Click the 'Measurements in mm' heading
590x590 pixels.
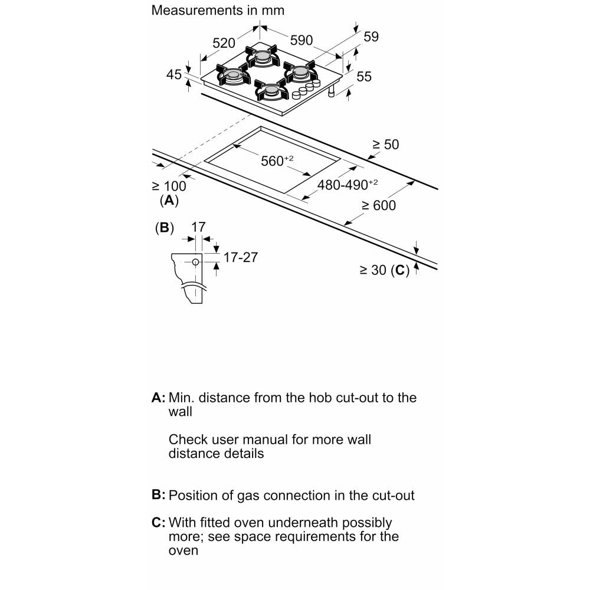pyautogui.click(x=218, y=11)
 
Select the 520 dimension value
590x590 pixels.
pyautogui.click(x=224, y=43)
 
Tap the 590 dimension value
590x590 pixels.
pyautogui.click(x=301, y=40)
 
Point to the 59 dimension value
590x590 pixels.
pyautogui.click(x=371, y=37)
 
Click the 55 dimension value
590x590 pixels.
pyautogui.click(x=364, y=76)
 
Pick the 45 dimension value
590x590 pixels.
pyautogui.click(x=173, y=74)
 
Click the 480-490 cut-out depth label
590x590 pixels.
pyautogui.click(x=347, y=184)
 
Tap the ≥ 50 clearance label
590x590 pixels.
pyautogui.click(x=385, y=144)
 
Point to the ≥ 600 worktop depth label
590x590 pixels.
pyautogui.click(x=379, y=205)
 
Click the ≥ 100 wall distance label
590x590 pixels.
pyautogui.click(x=169, y=186)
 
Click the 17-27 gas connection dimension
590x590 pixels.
pyautogui.click(x=241, y=257)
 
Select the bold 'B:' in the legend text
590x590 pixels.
pyautogui.click(x=158, y=495)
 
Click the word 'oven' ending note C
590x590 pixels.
pyautogui.click(x=183, y=550)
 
